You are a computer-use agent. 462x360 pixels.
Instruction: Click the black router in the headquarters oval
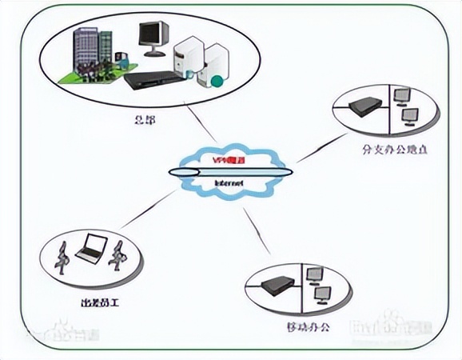(x=152, y=78)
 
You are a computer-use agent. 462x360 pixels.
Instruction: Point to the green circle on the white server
(x=217, y=79)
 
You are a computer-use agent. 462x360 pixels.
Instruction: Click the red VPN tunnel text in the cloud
(x=228, y=161)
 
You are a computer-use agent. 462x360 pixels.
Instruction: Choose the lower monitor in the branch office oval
(x=409, y=117)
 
